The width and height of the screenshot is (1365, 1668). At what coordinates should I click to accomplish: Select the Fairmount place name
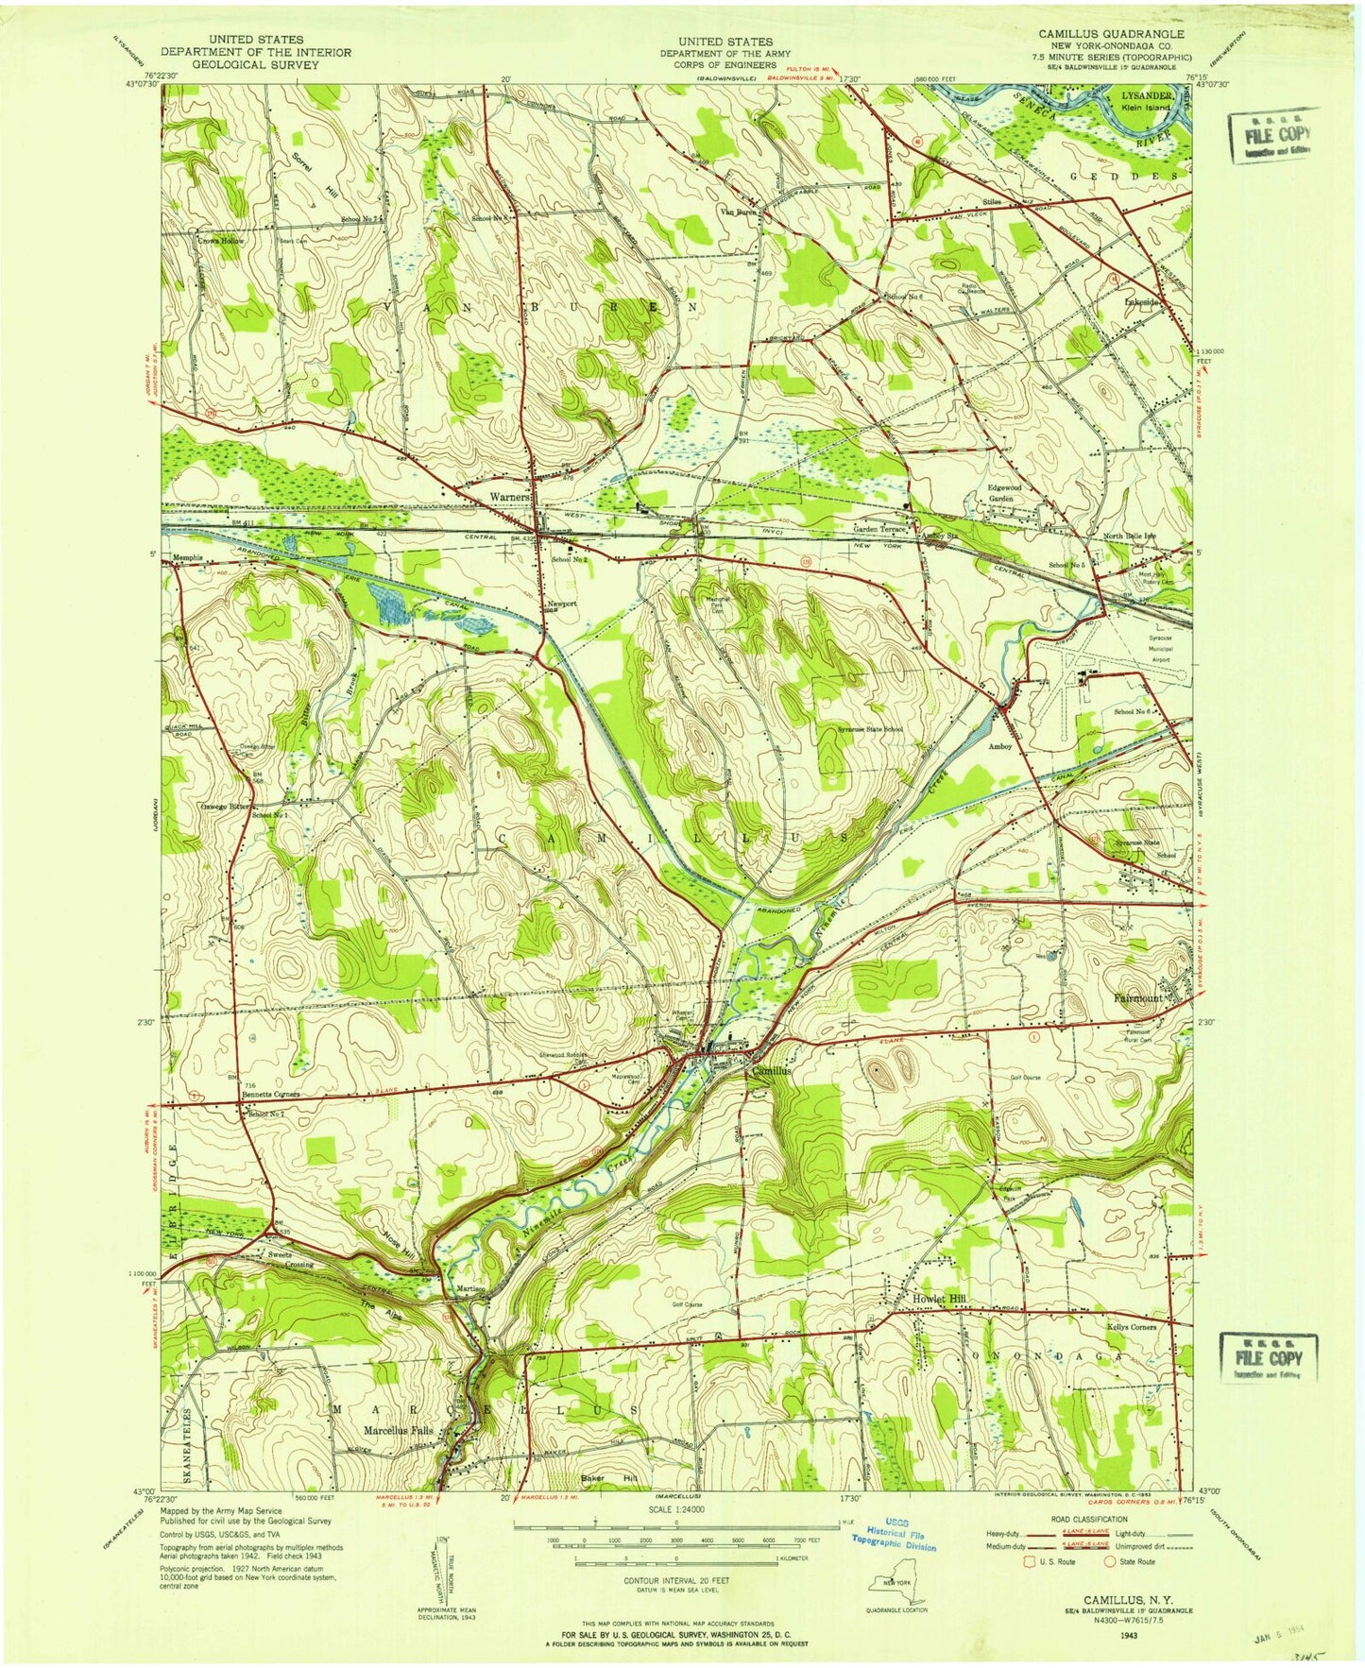1139,997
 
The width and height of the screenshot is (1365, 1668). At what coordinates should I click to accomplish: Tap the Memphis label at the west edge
189,558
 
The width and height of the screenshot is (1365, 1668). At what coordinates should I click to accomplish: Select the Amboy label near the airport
1000,746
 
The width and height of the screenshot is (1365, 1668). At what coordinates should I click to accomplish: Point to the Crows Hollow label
219,242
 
